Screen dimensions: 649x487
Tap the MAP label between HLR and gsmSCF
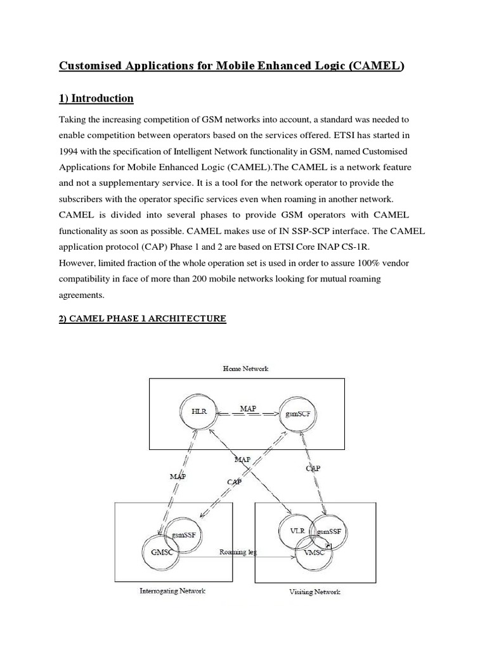249,409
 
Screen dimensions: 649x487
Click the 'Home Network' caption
246,368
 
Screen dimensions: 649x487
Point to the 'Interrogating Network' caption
172,591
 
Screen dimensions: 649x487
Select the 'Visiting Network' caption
315,591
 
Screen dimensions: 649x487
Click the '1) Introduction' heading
96,98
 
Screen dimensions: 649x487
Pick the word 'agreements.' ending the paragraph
81,295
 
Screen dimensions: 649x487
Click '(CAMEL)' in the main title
375,65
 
